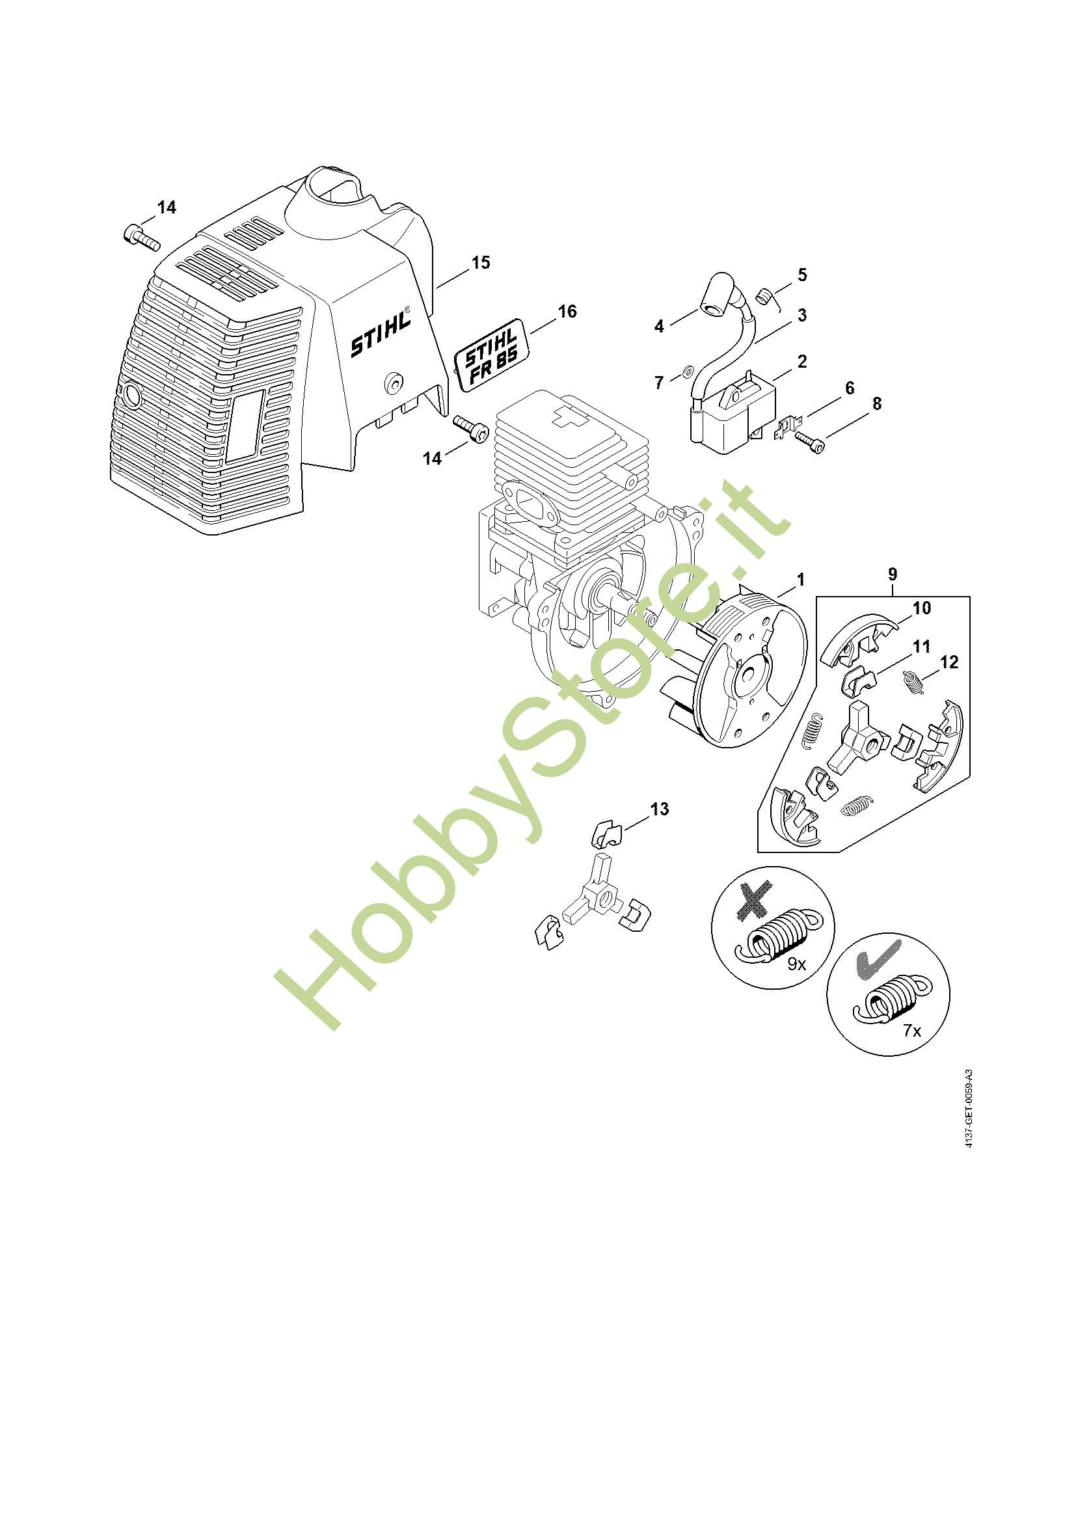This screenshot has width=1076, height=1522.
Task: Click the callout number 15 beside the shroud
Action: (480, 262)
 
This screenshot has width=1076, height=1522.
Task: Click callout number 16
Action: (567, 311)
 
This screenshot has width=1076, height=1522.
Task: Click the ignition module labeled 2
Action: (731, 405)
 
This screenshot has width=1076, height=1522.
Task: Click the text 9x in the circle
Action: (796, 964)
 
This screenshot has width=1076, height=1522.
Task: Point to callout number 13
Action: (659, 809)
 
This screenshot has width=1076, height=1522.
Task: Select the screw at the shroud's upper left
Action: (141, 238)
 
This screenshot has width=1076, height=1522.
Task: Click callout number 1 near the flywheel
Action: (800, 580)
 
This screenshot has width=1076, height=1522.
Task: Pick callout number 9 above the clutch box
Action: (893, 573)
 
